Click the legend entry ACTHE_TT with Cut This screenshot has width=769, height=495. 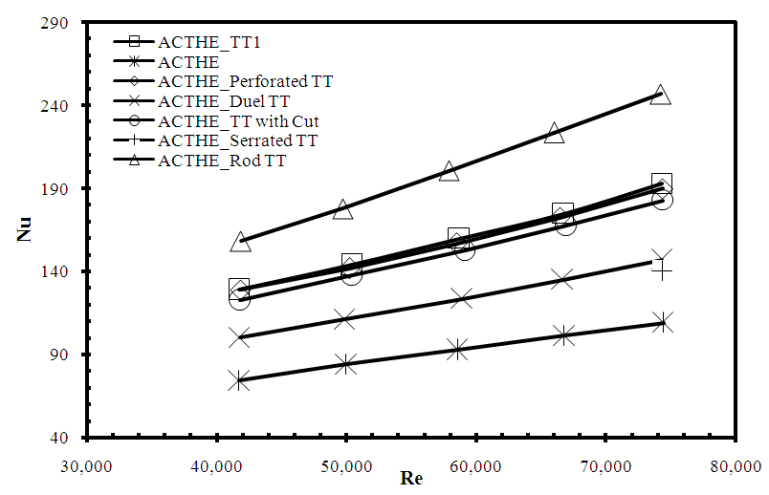coord(238,120)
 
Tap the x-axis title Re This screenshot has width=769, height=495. coord(412,478)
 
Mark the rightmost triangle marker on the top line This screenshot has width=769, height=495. coord(660,95)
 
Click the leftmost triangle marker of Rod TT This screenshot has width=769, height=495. coord(240,242)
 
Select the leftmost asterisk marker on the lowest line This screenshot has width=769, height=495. coord(240,380)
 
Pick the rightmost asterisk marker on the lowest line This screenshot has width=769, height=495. coord(662,322)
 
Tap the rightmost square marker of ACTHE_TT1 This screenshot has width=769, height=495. coord(662,183)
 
